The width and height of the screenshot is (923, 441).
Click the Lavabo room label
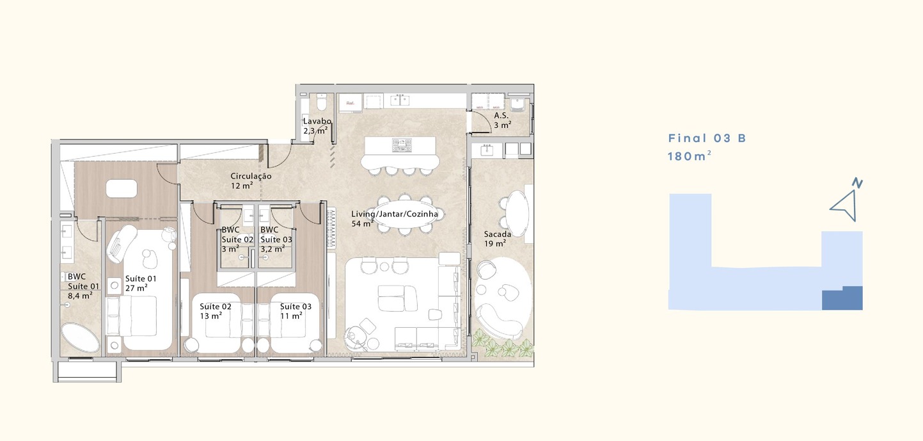click(x=317, y=121)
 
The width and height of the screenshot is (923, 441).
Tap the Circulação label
click(x=251, y=176)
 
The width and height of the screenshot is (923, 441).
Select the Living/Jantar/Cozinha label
click(x=394, y=214)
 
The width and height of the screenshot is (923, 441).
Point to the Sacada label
click(x=498, y=234)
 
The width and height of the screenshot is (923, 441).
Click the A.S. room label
click(x=501, y=115)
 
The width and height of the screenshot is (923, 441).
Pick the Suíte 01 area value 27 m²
click(x=136, y=288)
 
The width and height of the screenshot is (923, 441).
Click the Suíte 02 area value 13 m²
click(x=211, y=316)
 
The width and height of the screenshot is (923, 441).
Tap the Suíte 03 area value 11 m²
click(x=291, y=316)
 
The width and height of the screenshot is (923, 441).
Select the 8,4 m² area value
click(x=80, y=296)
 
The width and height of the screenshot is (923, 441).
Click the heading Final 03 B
click(x=707, y=138)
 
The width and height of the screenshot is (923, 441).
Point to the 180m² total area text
click(x=690, y=156)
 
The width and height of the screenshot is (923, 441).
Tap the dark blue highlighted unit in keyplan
click(x=842, y=298)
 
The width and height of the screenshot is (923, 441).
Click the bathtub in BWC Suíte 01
click(x=80, y=338)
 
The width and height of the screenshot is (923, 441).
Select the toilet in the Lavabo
click(x=322, y=102)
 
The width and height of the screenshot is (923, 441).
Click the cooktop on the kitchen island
click(x=402, y=143)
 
